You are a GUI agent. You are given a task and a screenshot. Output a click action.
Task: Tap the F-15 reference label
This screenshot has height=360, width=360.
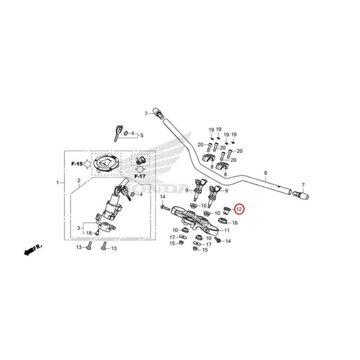[x=77, y=164]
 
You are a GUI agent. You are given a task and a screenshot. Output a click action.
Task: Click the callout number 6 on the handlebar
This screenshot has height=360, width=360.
[x=265, y=173]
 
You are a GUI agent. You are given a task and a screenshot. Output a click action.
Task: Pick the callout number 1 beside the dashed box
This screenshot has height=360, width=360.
[x=58, y=182]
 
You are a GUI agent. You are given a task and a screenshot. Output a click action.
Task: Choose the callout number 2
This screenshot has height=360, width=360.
[x=79, y=181]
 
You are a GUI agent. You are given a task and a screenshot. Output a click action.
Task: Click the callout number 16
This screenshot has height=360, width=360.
[x=235, y=223]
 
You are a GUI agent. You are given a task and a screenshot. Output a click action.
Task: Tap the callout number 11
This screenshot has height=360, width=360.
[x=227, y=231]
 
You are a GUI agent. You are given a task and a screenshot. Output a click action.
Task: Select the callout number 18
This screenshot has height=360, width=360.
[x=89, y=233]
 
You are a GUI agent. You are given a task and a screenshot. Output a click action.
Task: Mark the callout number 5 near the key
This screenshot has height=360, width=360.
[x=142, y=135]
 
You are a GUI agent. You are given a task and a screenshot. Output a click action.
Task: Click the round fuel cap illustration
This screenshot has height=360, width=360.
[x=107, y=163]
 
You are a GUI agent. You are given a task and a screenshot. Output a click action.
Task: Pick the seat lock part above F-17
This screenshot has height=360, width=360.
[x=140, y=160]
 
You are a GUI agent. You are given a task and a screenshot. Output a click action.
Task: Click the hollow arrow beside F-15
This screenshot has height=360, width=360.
[x=86, y=164]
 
